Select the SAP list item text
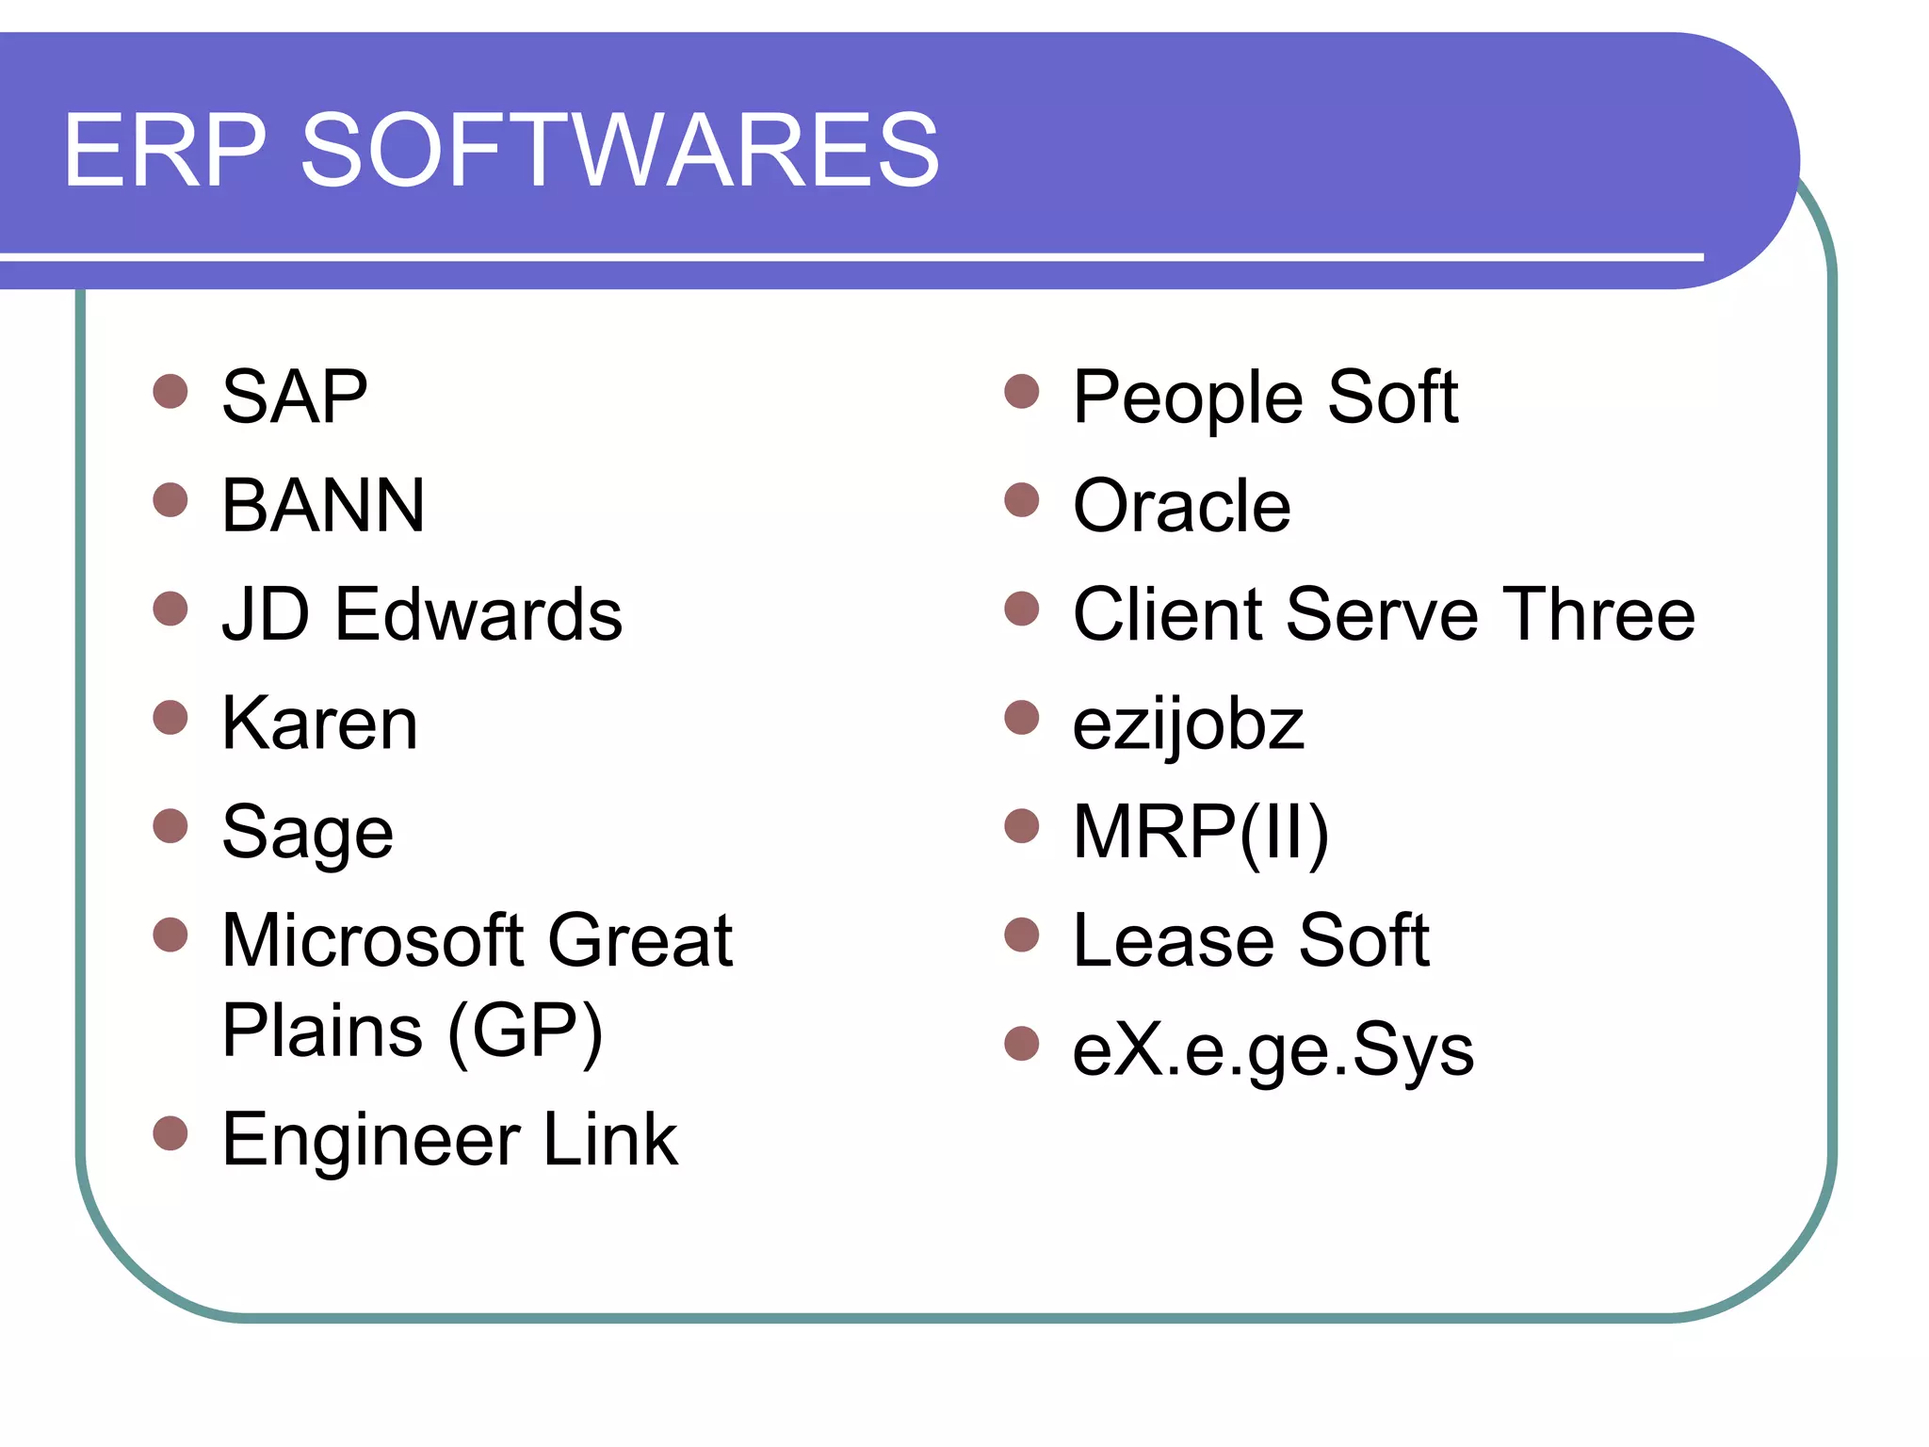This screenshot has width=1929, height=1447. click(x=294, y=398)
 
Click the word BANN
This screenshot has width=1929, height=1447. click(x=323, y=506)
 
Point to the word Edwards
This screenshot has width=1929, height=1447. click(x=478, y=614)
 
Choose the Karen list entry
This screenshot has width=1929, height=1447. click(x=319, y=723)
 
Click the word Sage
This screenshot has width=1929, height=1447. click(x=307, y=833)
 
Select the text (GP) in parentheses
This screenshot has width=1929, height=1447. click(x=525, y=1032)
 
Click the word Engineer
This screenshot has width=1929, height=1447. click(x=370, y=1140)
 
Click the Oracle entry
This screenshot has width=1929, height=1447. click(x=1181, y=506)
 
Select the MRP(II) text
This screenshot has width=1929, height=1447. click(x=1200, y=833)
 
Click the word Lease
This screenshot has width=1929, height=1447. click(x=1173, y=940)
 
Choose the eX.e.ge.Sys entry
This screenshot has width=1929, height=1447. click(x=1272, y=1049)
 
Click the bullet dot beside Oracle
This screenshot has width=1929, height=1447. click(x=1021, y=500)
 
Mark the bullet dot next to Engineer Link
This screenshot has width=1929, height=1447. click(x=170, y=1133)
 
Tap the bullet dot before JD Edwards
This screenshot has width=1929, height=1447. click(x=170, y=609)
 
